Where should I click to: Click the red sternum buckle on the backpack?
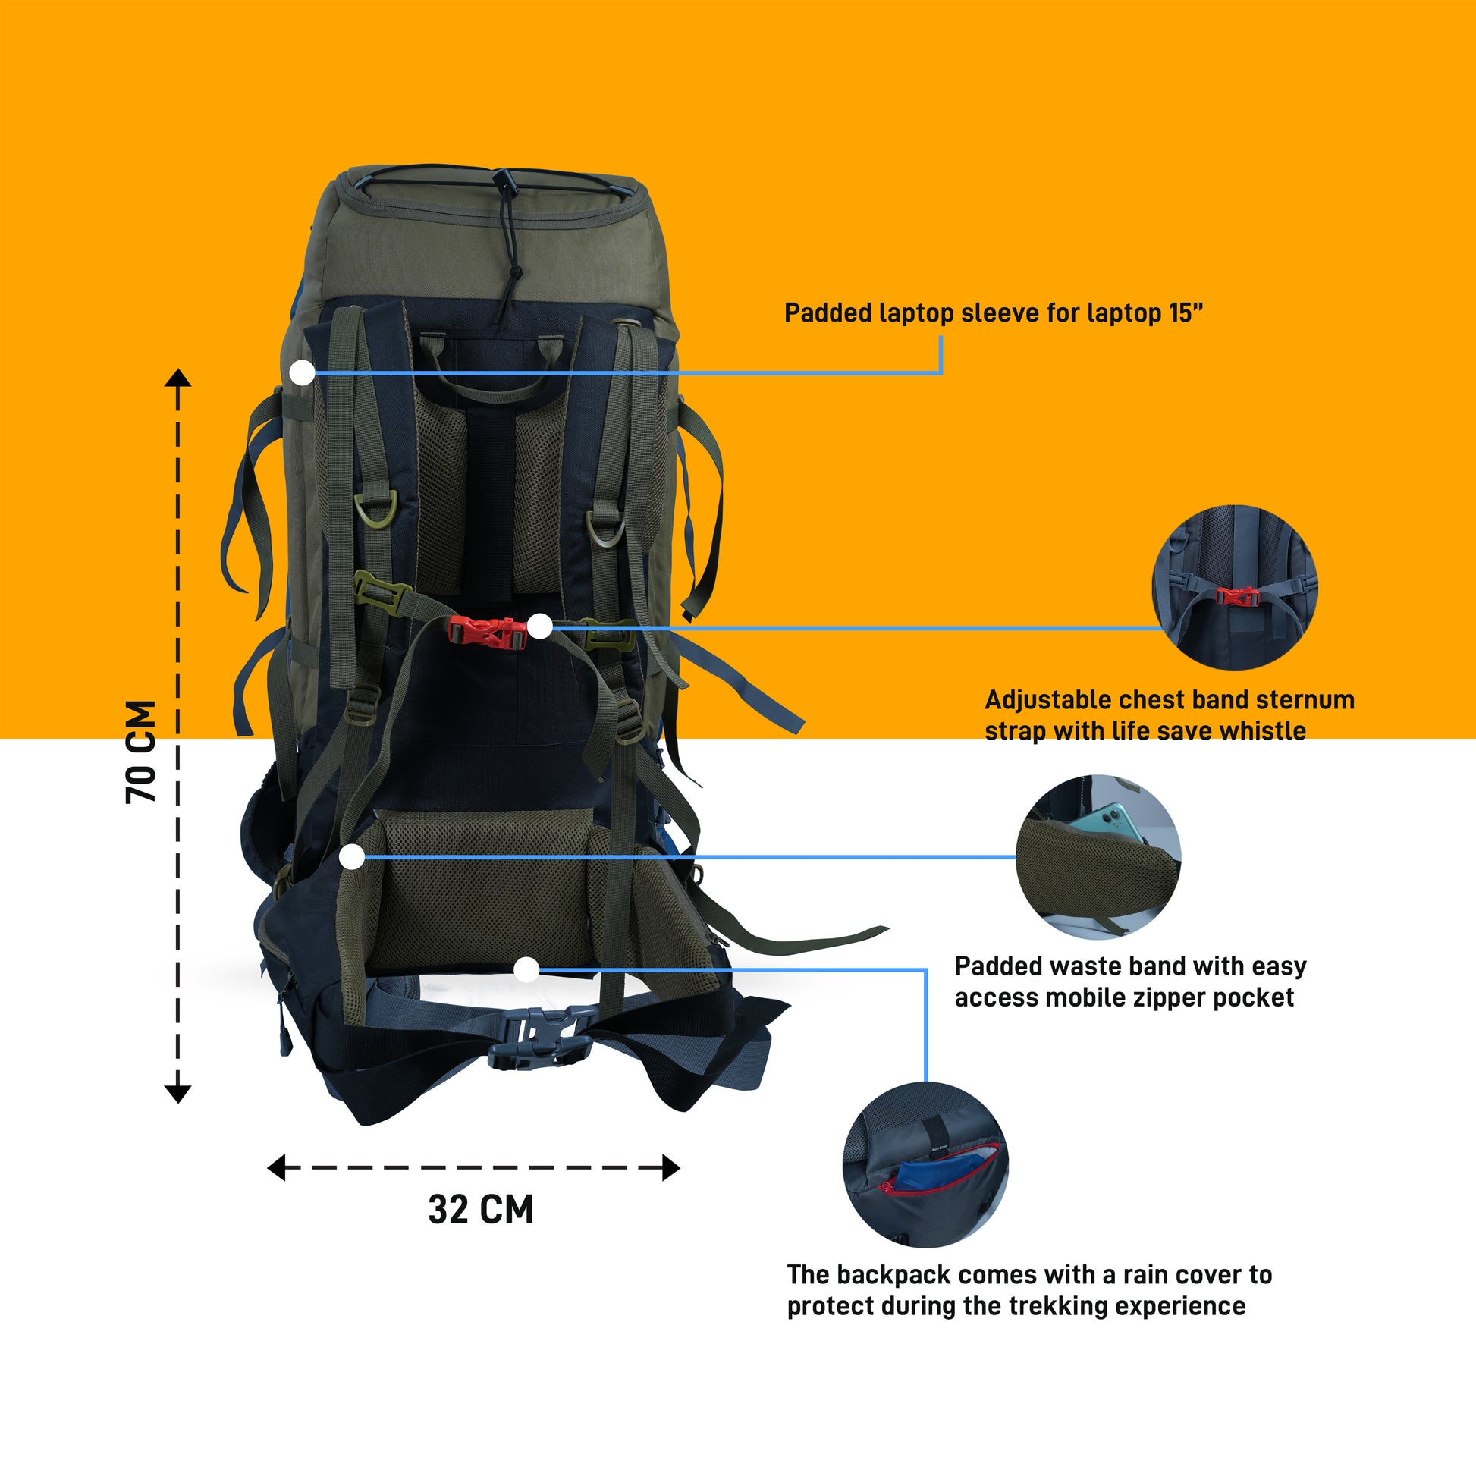[x=487, y=633]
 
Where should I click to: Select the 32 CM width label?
[x=481, y=1209]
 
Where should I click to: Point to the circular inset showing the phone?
[x=1098, y=856]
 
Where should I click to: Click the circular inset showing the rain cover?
[x=925, y=1164]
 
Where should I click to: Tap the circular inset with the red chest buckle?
[x=1235, y=588]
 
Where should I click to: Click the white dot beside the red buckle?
[x=540, y=627]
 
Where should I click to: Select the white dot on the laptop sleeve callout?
[x=303, y=373]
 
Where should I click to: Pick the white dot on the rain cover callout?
[x=526, y=970]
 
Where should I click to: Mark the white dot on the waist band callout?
[x=351, y=856]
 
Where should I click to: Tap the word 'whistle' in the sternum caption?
[x=1263, y=730]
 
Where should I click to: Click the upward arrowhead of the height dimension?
[x=178, y=378]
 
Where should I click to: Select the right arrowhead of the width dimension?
[x=670, y=1167]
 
